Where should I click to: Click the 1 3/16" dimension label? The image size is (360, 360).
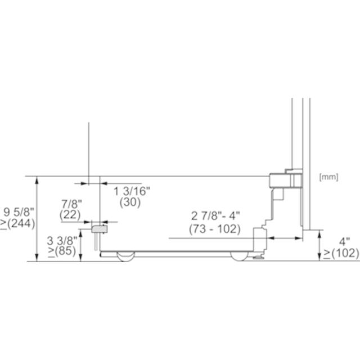tap(132, 191)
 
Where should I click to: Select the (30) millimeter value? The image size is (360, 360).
tap(130, 202)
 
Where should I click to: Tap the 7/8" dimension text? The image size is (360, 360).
tap(71, 204)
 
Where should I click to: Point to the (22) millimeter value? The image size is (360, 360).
tap(70, 215)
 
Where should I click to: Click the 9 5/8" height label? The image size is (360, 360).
tap(19, 212)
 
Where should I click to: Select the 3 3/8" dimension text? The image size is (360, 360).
tap(62, 241)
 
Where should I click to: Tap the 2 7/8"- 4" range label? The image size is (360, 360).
tap(215, 216)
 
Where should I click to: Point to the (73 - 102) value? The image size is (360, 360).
tap(215, 229)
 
